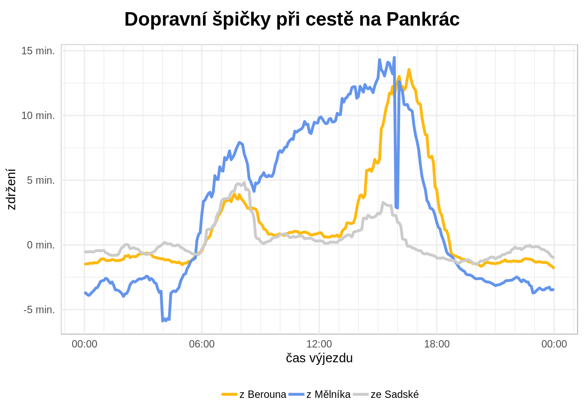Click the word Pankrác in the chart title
point(422,19)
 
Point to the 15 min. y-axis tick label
point(38,51)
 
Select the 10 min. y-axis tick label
point(38,116)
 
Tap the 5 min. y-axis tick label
point(41,180)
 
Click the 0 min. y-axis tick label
point(41,245)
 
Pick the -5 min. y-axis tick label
point(39,310)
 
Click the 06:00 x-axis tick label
point(202,344)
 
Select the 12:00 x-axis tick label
point(319,344)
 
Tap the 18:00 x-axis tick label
point(437,344)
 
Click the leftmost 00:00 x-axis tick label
point(84,344)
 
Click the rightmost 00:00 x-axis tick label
point(554,344)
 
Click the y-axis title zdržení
point(12,189)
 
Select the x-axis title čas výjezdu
point(319,358)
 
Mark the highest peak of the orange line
point(409,69)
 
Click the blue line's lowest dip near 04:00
point(163,321)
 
